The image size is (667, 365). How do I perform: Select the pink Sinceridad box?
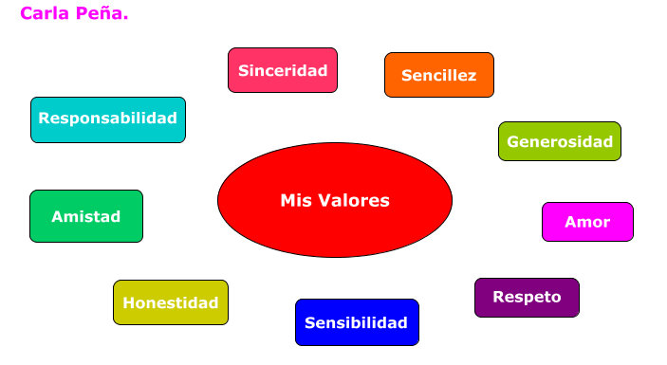pyautogui.click(x=283, y=70)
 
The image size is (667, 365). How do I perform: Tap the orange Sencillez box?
pyautogui.click(x=439, y=75)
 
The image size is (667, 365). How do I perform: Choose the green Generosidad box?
pyautogui.click(x=560, y=141)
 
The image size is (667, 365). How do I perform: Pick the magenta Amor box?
pyautogui.click(x=587, y=222)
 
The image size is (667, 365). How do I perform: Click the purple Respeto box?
pyautogui.click(x=527, y=298)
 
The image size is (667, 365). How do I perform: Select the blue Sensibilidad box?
pyautogui.click(x=357, y=322)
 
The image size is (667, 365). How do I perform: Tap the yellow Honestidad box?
pyautogui.click(x=171, y=302)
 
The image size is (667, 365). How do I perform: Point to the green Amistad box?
pyautogui.click(x=86, y=216)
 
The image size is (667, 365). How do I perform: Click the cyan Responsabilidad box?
pyautogui.click(x=108, y=119)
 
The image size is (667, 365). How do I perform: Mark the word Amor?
pyautogui.click(x=587, y=223)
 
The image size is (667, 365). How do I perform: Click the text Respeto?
pyautogui.click(x=527, y=297)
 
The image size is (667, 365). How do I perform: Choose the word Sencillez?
pyautogui.click(x=439, y=76)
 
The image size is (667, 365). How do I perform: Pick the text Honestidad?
pyautogui.click(x=171, y=303)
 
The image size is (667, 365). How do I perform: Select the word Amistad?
pyautogui.click(x=86, y=217)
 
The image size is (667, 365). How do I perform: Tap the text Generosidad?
pyautogui.click(x=560, y=142)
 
